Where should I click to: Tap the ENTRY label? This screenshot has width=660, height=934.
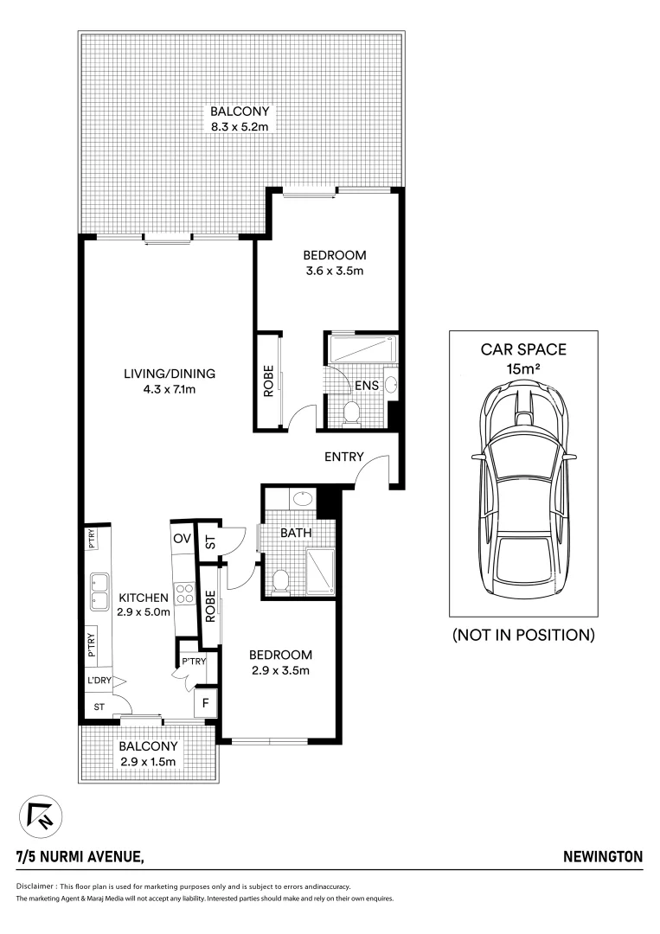click(343, 457)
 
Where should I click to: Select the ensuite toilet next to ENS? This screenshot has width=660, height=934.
click(351, 414)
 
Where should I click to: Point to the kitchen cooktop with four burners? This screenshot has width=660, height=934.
click(184, 593)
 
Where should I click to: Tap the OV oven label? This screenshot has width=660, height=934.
click(181, 538)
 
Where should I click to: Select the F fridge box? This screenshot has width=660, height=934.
click(205, 701)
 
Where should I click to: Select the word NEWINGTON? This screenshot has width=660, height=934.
click(603, 857)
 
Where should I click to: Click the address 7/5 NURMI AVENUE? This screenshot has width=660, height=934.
click(80, 857)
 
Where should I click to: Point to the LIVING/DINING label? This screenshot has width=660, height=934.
click(168, 374)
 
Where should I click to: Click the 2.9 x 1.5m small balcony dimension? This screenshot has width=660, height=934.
click(148, 762)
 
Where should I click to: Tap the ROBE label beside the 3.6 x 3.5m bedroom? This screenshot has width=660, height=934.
click(268, 381)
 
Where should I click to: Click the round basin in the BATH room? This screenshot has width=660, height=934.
click(303, 499)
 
